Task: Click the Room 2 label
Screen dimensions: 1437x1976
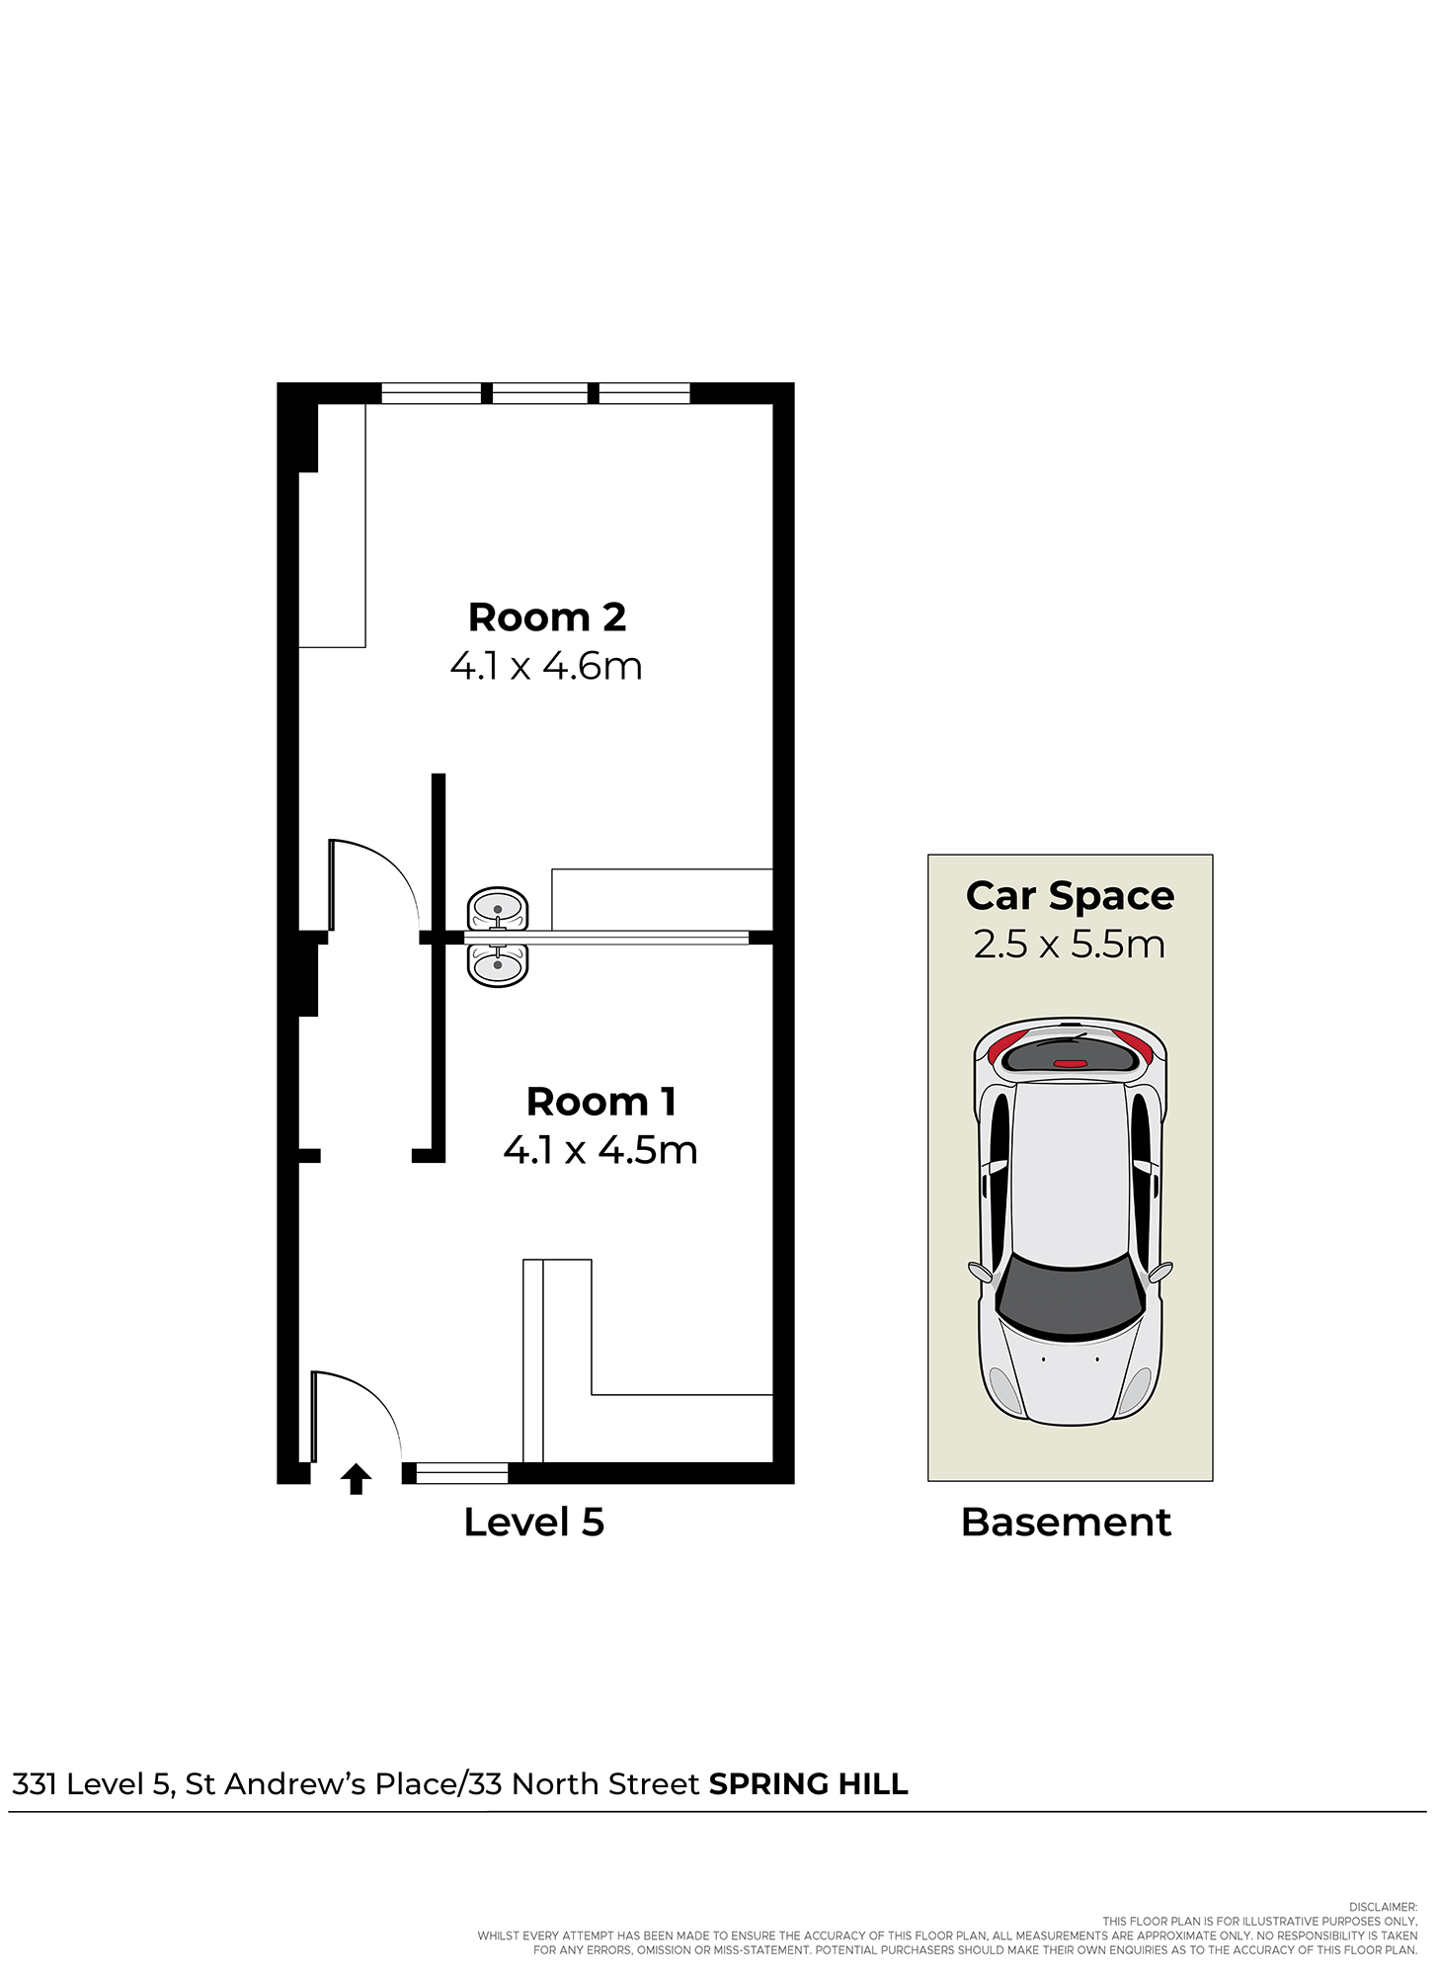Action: (547, 617)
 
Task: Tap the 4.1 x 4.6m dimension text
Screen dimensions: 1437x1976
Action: (546, 666)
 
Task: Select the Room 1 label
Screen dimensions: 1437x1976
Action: (600, 1102)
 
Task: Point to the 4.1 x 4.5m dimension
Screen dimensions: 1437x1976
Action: (600, 1150)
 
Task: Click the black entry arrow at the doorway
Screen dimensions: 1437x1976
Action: (356, 1479)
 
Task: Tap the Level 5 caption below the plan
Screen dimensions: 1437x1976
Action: (534, 1523)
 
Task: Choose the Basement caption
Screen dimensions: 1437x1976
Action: (1067, 1523)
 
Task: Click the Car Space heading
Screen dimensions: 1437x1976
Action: (1071, 896)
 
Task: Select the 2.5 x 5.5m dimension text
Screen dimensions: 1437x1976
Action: (1070, 945)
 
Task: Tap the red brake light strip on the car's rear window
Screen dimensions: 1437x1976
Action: (1071, 1063)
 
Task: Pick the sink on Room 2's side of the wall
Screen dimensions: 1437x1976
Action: (498, 908)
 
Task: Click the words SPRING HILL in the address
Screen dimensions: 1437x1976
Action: (809, 1784)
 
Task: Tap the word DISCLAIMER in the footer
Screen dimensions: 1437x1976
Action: (1383, 1907)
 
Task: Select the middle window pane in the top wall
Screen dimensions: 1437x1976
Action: (540, 393)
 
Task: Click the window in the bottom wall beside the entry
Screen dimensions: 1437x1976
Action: (462, 1473)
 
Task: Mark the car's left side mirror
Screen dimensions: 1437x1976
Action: (980, 1272)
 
